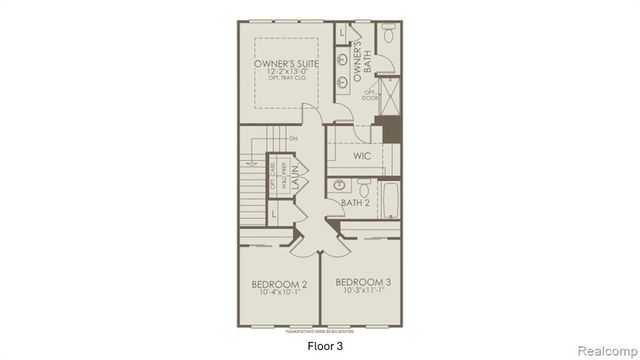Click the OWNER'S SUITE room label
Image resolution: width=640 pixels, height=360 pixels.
(x=286, y=63)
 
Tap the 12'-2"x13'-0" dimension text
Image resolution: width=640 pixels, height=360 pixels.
(x=286, y=73)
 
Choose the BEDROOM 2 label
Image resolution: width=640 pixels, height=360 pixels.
(x=278, y=284)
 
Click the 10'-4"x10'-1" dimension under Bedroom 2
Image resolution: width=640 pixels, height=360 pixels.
(x=278, y=294)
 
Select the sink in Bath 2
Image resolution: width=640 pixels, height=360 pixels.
(x=339, y=185)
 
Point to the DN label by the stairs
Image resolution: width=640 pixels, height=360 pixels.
(x=293, y=138)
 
